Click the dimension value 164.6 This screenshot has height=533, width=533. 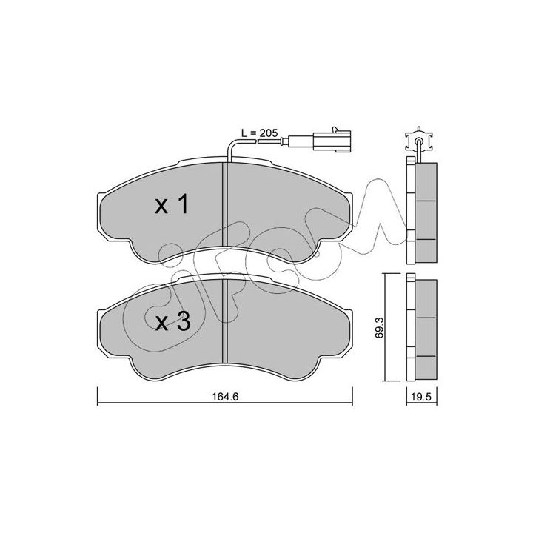click(226, 396)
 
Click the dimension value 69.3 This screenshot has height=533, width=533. click(380, 327)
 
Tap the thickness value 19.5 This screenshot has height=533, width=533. click(421, 396)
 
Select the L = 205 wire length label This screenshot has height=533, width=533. click(259, 133)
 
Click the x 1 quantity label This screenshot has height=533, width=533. click(172, 204)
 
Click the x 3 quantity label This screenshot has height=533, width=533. click(172, 321)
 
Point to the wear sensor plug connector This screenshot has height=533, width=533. click(332, 140)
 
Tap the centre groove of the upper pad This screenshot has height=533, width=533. click(224, 204)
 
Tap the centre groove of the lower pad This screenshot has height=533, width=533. click(224, 321)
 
